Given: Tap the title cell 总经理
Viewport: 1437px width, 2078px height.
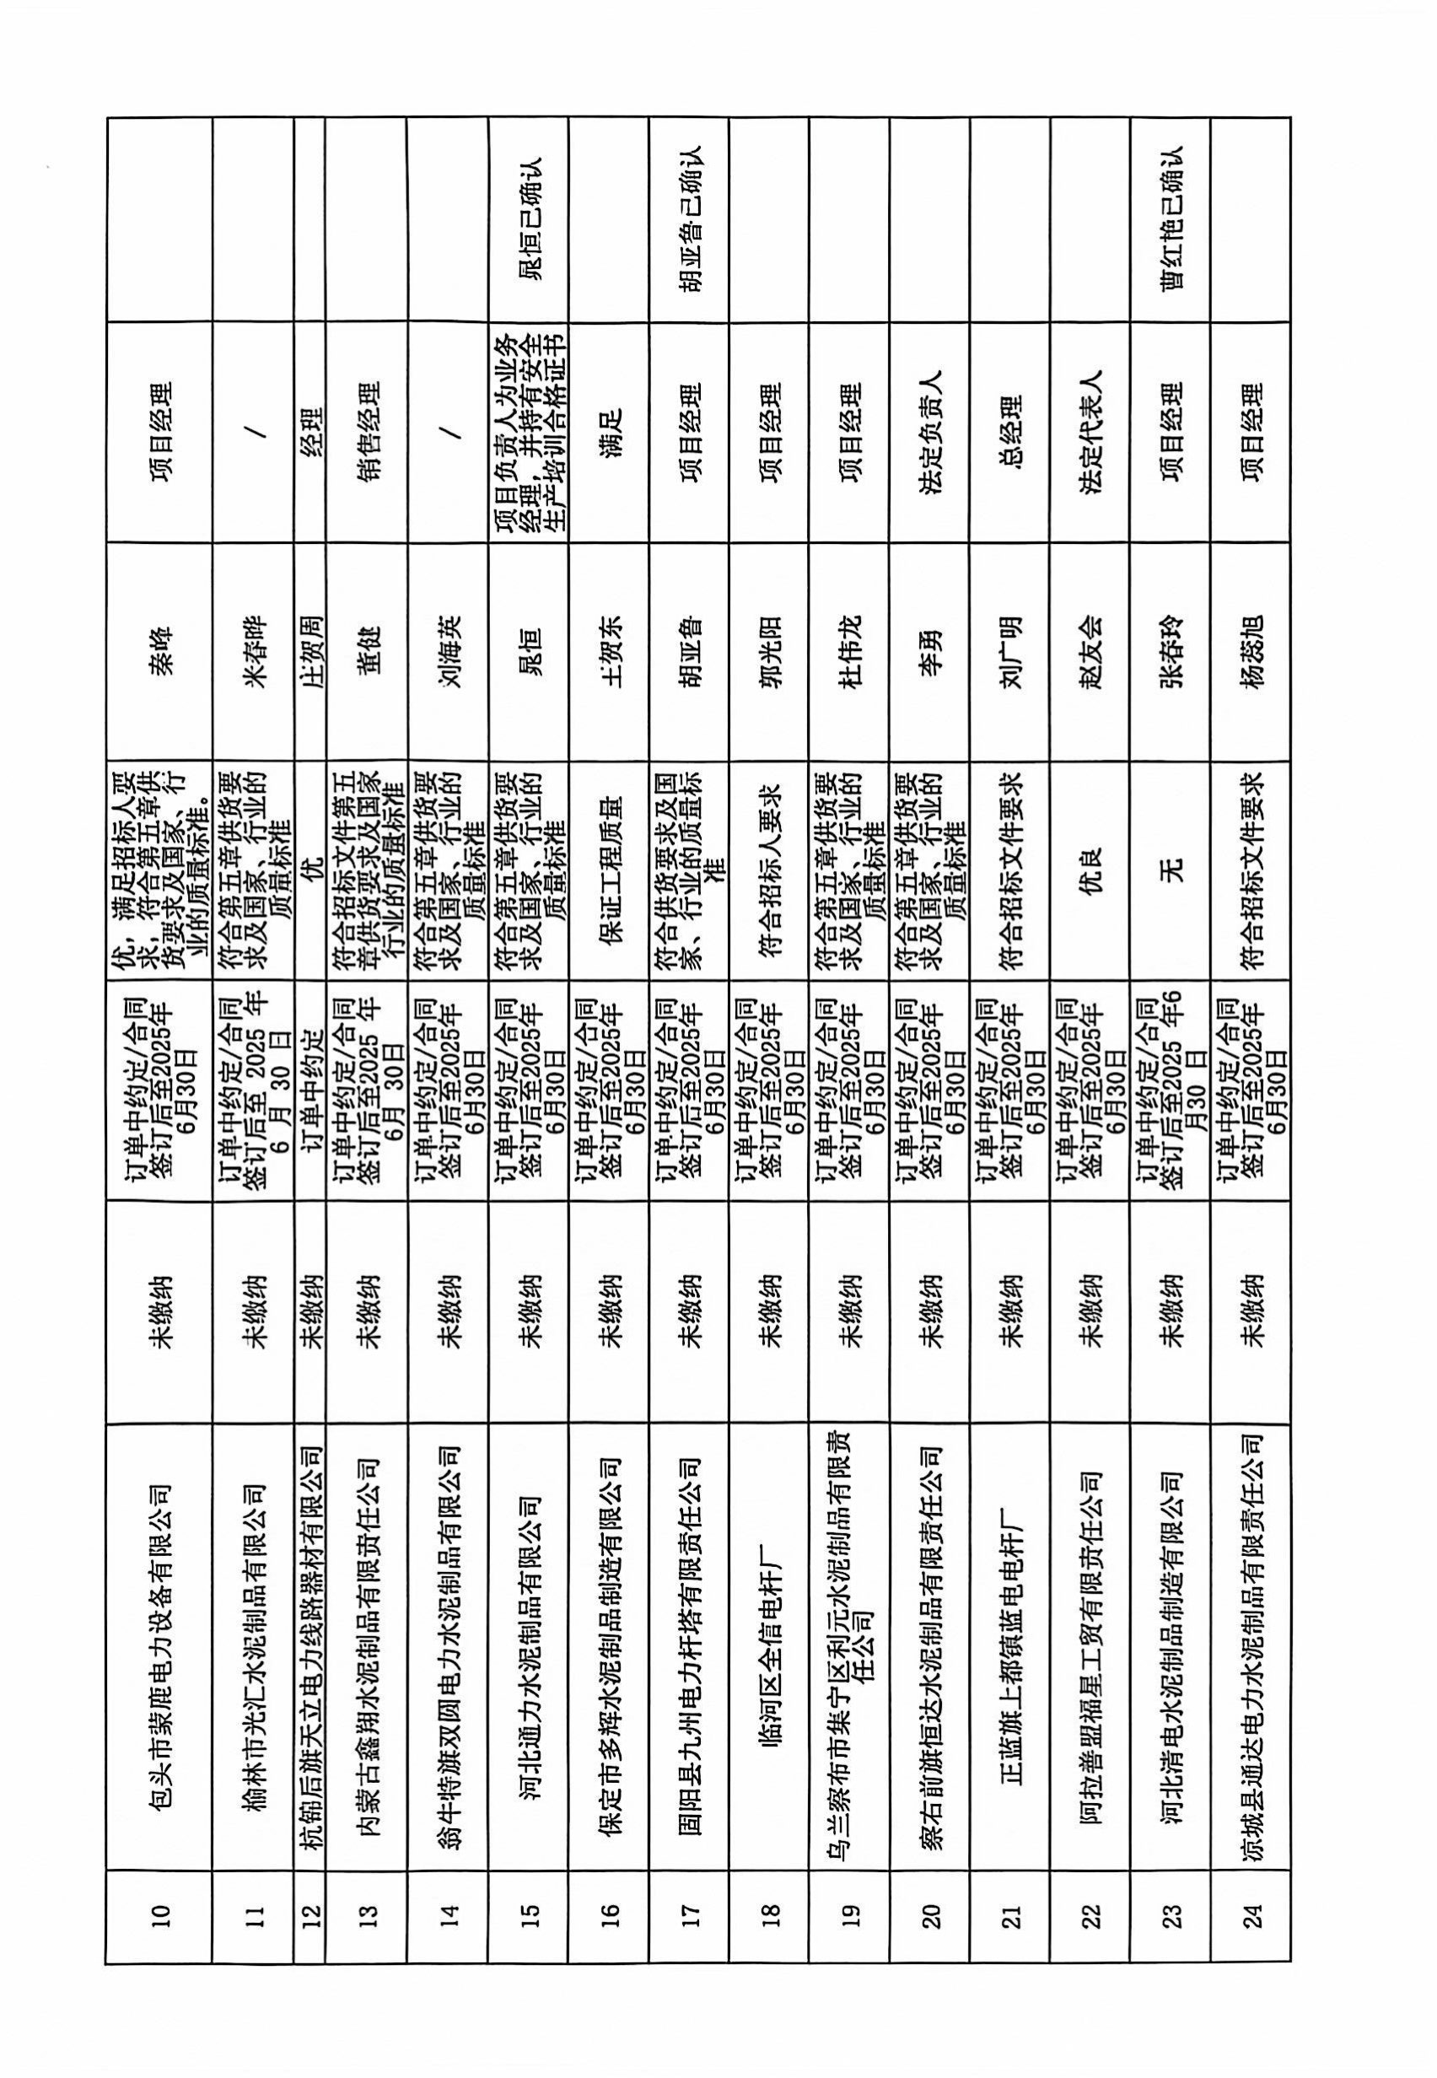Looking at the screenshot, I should [x=1010, y=432].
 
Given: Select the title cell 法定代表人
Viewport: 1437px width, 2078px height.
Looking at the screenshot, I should [x=1090, y=432].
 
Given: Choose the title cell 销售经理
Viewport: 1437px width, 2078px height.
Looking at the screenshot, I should [x=368, y=432].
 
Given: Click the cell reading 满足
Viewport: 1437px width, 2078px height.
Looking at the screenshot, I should [x=609, y=432].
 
